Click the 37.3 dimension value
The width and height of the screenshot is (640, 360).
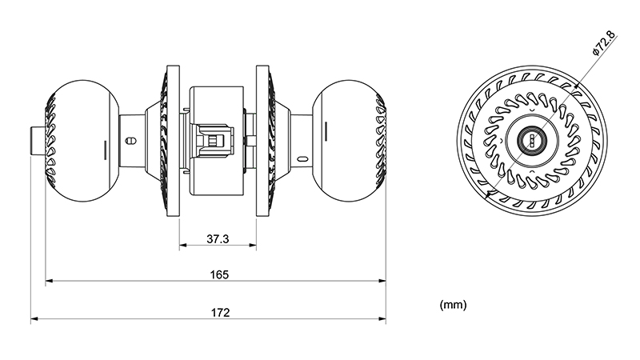click(218, 238)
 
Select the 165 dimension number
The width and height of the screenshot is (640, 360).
click(219, 274)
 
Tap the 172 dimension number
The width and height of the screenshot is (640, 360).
click(220, 313)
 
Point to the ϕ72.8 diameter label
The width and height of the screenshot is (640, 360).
click(603, 43)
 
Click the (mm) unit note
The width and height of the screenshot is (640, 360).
click(453, 305)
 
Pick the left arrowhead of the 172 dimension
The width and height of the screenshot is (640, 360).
click(34, 318)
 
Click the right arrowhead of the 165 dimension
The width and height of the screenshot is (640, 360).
click(382, 281)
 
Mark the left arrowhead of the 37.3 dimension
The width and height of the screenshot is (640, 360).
click(183, 246)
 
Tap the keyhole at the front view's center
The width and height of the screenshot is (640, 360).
click(531, 141)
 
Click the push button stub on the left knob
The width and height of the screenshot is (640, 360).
click(38, 141)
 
